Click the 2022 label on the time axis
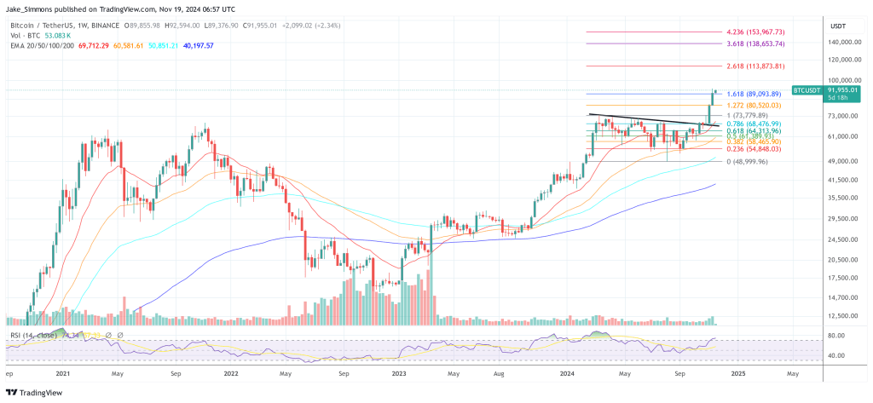(x=231, y=373)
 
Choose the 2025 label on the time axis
(x=737, y=373)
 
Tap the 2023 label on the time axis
(x=400, y=373)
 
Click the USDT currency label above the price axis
(x=837, y=26)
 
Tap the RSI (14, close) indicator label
(x=33, y=336)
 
